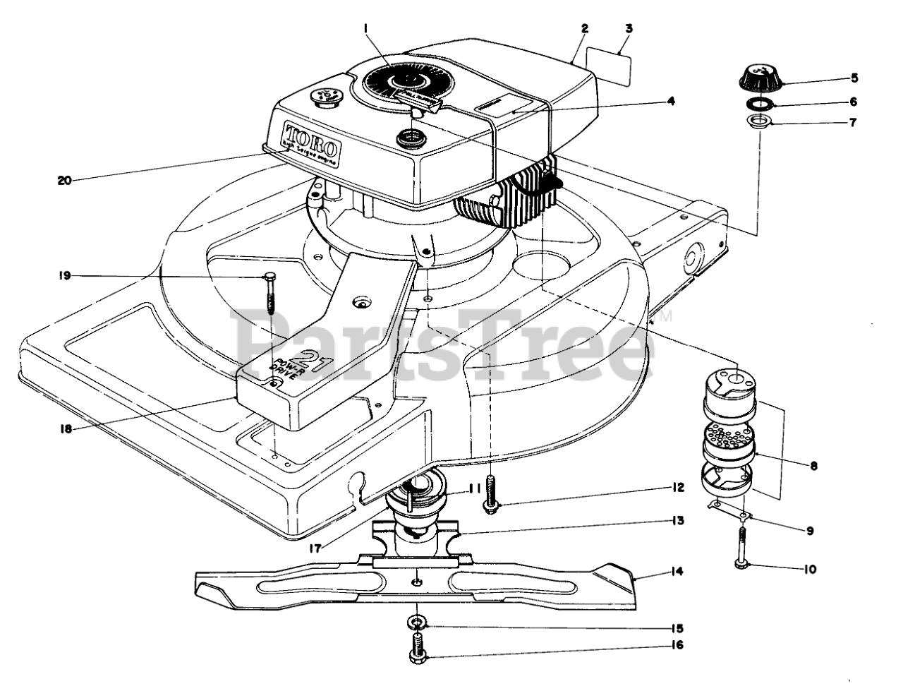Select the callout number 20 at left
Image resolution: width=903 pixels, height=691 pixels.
click(67, 179)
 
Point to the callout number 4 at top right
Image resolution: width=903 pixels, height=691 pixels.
click(671, 100)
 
